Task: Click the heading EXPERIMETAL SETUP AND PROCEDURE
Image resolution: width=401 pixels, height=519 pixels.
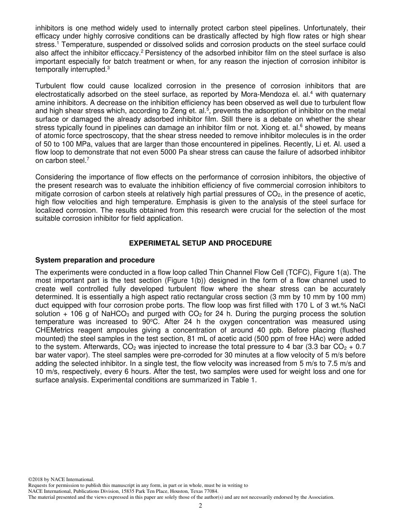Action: coord(200,243)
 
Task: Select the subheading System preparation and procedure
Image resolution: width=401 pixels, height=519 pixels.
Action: coord(95,260)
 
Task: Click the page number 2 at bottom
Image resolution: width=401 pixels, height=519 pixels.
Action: coord(200,505)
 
